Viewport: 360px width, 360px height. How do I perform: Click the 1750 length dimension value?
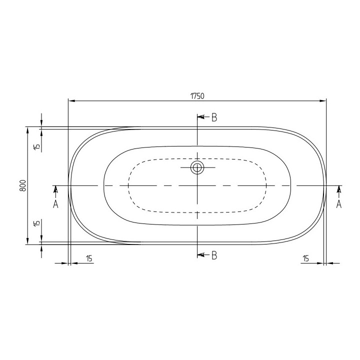(x=197, y=96)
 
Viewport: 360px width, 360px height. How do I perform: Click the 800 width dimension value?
(x=23, y=185)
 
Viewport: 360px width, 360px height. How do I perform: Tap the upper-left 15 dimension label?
(x=36, y=146)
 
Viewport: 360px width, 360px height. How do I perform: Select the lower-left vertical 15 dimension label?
(x=36, y=222)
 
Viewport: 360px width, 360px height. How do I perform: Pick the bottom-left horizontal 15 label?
(x=89, y=258)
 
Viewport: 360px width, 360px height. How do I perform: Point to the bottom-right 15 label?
(x=305, y=258)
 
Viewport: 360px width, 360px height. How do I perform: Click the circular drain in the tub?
(x=197, y=167)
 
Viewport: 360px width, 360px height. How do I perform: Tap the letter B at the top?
(x=214, y=117)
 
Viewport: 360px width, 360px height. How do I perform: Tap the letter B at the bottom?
(x=214, y=255)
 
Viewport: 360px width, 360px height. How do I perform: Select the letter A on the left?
(x=55, y=204)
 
